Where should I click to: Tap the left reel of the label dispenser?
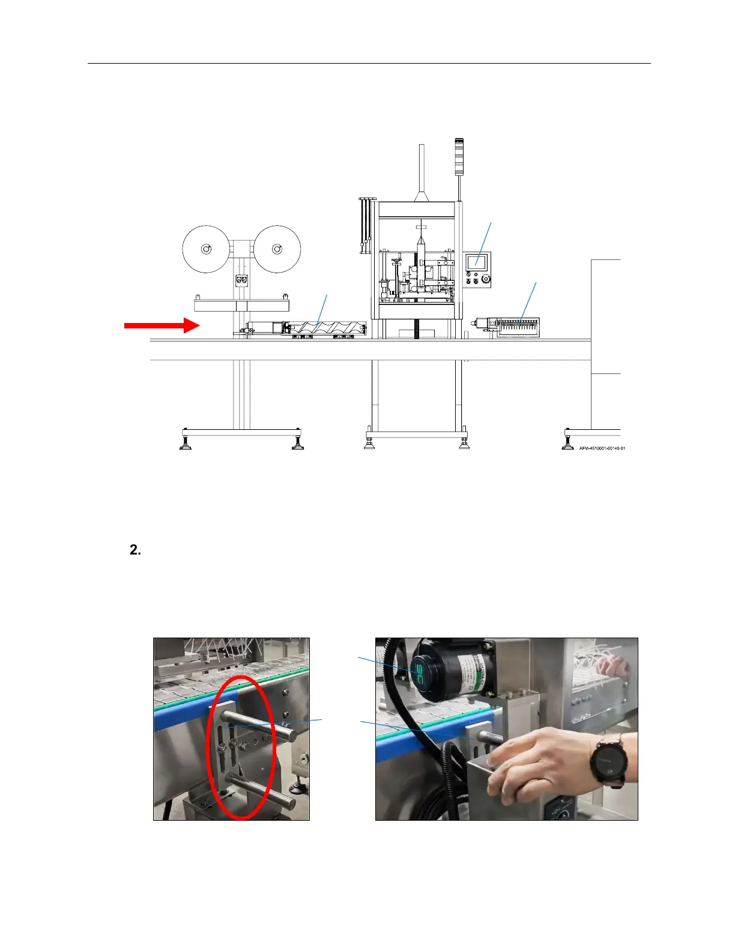tap(206, 249)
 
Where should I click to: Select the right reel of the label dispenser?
tap(277, 249)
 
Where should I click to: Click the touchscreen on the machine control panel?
tap(476, 262)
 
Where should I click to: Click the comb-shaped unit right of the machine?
tap(518, 327)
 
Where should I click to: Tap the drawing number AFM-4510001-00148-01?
tap(602, 448)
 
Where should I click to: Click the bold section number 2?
tap(135, 550)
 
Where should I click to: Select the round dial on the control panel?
tap(485, 279)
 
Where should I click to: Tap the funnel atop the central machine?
tap(422, 193)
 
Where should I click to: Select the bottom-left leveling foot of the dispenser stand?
tap(186, 444)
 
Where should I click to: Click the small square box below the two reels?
tap(241, 280)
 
